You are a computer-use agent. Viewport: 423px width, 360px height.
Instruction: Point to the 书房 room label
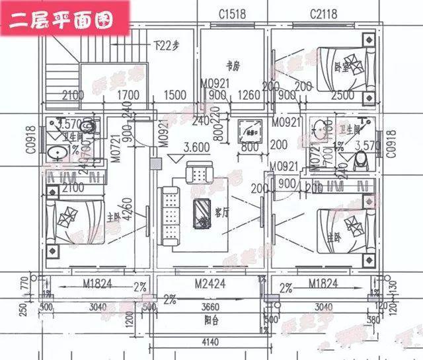click(231, 65)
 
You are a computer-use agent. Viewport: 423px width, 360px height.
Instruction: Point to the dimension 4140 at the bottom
click(212, 342)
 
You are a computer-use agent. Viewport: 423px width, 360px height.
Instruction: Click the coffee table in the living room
click(201, 213)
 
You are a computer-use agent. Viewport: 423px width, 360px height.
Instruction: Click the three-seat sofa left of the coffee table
click(171, 213)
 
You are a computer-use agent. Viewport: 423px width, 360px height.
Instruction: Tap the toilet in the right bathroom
click(361, 161)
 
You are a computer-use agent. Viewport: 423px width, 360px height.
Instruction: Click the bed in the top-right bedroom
click(340, 68)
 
